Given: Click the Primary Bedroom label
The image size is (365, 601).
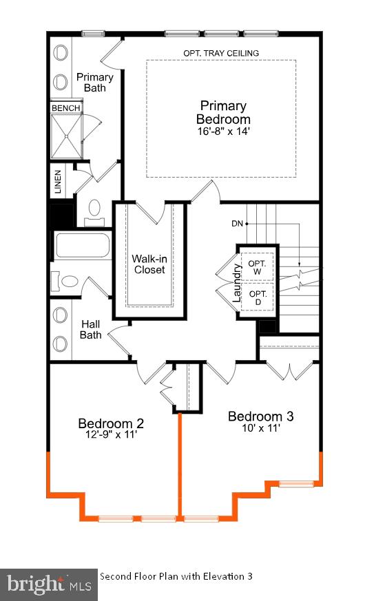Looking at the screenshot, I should (x=223, y=112).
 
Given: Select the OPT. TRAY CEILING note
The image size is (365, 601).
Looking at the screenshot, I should (x=221, y=53).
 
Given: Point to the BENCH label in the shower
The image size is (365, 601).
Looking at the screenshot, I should (x=66, y=108).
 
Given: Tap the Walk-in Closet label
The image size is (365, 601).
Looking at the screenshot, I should (x=149, y=264).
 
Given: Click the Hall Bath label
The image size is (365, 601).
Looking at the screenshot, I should (x=92, y=329).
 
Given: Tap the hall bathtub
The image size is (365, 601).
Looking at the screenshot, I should (x=82, y=246).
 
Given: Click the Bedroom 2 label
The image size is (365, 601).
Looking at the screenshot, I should (x=110, y=423).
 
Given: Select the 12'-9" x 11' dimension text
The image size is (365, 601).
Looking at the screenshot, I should (x=110, y=435).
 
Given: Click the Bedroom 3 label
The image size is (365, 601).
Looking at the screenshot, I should (x=260, y=416).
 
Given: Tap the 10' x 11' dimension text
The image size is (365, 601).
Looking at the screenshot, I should (x=260, y=428).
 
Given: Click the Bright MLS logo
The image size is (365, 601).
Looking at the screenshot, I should (x=48, y=585).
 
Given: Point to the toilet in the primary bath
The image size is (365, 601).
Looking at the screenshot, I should (x=94, y=211).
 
